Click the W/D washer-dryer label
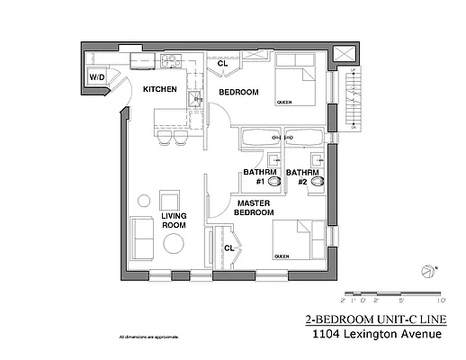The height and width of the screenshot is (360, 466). click(95, 77)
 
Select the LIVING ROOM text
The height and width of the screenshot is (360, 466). click(173, 220)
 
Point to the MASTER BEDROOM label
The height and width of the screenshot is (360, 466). click(255, 209)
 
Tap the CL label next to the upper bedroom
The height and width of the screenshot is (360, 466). click(222, 63)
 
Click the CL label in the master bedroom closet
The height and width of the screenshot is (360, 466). click(229, 247)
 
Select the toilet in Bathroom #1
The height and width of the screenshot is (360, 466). click(274, 181)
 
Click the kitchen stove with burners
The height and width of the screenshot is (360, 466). click(170, 61)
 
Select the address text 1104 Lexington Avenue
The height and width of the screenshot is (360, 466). click(376, 335)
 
